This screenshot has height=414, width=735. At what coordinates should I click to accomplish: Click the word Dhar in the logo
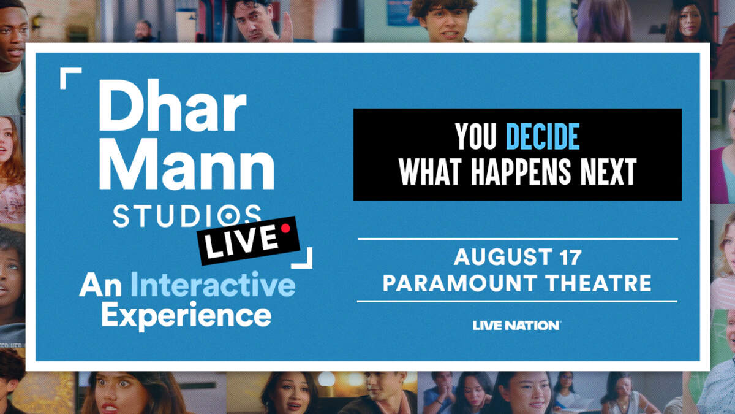[x=173, y=105]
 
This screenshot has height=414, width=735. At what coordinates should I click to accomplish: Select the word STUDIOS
[x=187, y=216]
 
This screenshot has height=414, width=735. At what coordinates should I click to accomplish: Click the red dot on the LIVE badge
[x=285, y=228]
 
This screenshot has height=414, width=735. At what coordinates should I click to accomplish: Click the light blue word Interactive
[x=213, y=285]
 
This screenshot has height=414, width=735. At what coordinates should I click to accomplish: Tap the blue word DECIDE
[x=543, y=136]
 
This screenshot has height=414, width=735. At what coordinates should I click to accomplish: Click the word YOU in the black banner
[x=476, y=136]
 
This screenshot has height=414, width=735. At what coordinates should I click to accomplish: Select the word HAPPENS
[x=521, y=171]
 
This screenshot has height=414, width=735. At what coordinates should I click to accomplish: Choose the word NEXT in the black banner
[x=609, y=171]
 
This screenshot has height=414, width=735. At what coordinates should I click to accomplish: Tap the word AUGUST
[x=503, y=257]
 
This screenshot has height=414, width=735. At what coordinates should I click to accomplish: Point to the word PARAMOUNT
[x=459, y=283]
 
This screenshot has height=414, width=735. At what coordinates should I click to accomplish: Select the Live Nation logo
[x=517, y=326]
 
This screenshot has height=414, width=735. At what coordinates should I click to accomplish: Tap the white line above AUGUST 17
[x=518, y=239]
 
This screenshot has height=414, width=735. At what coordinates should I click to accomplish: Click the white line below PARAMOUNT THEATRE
[x=517, y=301]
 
